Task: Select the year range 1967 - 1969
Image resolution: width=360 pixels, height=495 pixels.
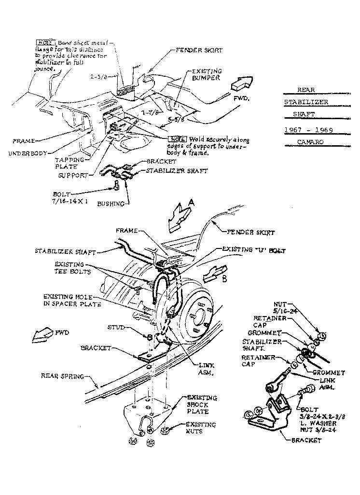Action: click(x=309, y=130)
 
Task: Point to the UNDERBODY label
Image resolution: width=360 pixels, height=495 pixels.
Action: click(x=28, y=153)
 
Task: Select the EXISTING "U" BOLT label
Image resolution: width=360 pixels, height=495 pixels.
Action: click(x=254, y=251)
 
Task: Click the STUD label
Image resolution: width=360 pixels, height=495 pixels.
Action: click(x=116, y=328)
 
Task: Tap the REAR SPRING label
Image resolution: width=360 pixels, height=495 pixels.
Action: click(x=63, y=376)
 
